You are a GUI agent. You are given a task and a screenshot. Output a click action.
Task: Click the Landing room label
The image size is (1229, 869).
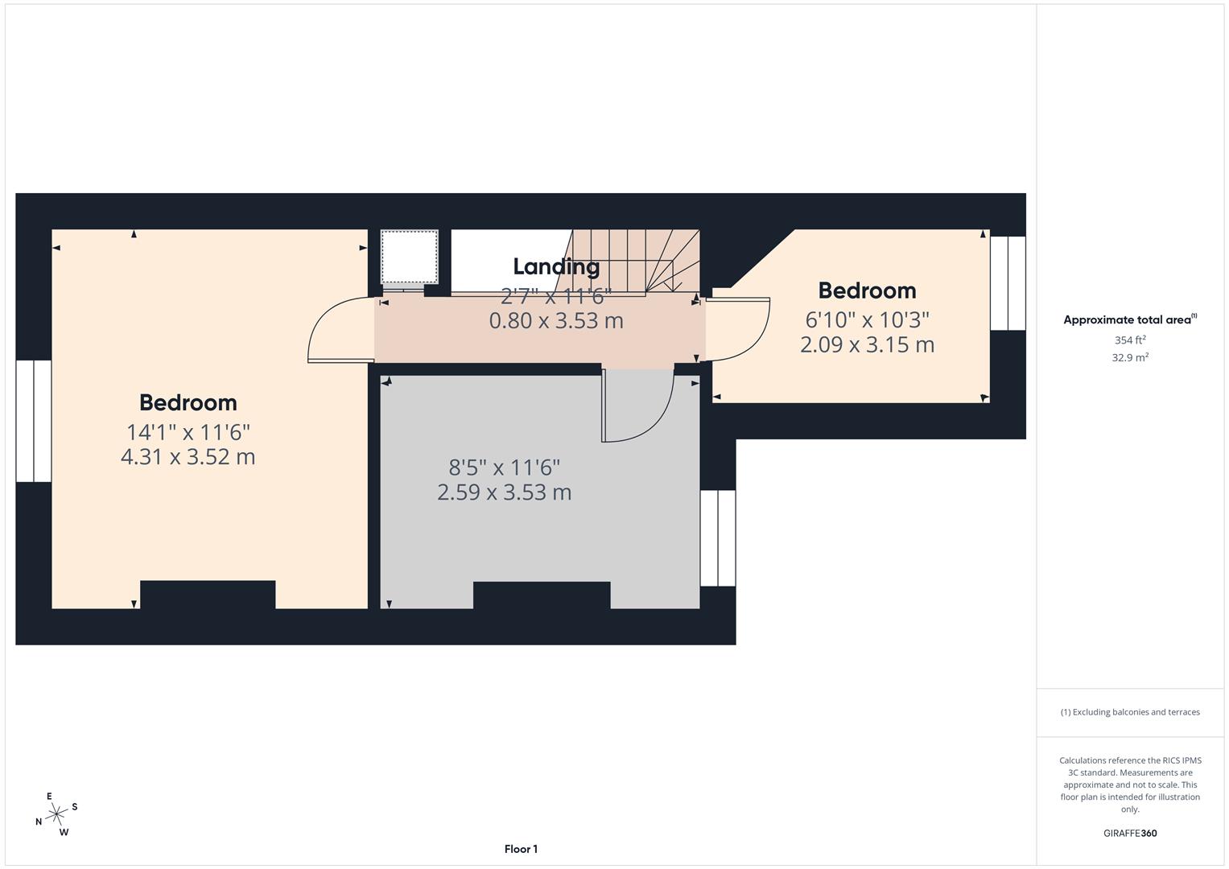[556, 266]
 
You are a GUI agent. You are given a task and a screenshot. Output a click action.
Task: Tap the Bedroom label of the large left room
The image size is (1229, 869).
[188, 402]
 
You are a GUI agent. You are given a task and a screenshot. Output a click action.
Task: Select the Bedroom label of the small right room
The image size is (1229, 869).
[867, 290]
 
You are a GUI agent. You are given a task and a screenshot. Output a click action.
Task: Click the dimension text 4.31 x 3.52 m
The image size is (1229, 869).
[188, 457]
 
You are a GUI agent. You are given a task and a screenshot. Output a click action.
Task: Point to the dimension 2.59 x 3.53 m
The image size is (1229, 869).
[504, 492]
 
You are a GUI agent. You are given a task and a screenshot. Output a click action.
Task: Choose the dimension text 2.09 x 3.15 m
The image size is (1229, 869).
[867, 344]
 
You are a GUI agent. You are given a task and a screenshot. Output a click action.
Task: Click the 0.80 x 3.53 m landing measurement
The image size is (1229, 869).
[556, 320]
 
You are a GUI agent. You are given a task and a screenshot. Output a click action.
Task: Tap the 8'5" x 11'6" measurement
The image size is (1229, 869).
[504, 467]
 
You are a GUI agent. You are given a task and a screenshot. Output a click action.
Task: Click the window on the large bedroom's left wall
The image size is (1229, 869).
[34, 421]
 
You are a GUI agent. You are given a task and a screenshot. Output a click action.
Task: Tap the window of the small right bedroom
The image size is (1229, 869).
[1008, 283]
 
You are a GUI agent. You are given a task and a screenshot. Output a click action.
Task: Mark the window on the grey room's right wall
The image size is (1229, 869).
[717, 537]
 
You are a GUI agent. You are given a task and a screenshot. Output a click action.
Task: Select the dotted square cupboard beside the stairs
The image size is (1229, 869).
[410, 257]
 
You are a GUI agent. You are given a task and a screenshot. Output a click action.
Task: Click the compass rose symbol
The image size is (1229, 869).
[56, 814]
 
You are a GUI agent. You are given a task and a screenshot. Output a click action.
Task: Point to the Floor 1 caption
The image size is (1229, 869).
[521, 849]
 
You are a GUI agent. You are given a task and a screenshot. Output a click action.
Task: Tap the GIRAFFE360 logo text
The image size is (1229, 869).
[1130, 833]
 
